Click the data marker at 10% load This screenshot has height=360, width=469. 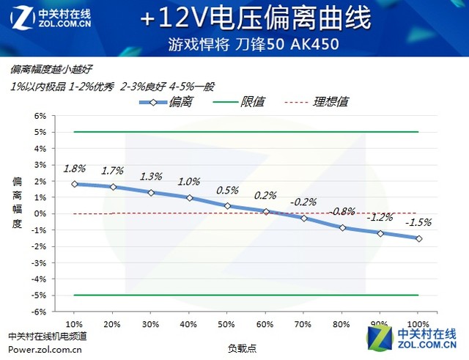click(74, 184)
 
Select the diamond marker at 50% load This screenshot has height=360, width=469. click(227, 206)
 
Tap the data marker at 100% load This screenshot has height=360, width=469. click(418, 238)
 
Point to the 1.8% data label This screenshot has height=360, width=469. click(74, 168)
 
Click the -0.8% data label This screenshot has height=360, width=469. click(342, 212)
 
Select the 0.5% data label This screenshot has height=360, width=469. click(227, 190)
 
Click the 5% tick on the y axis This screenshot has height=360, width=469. click(40, 132)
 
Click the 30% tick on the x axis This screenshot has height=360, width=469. click(150, 323)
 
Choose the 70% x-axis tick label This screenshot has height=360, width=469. click(303, 323)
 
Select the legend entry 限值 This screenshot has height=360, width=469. click(250, 102)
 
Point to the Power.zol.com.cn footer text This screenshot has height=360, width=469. click(45, 349)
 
